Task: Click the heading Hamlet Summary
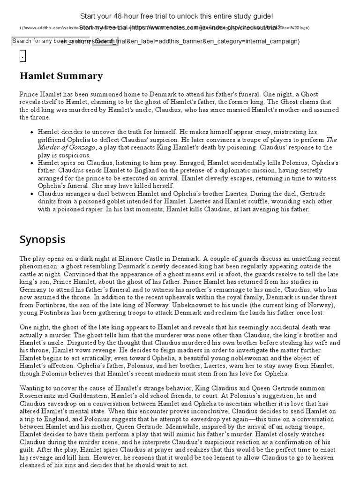[61, 76]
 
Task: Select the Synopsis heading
[43, 240]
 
